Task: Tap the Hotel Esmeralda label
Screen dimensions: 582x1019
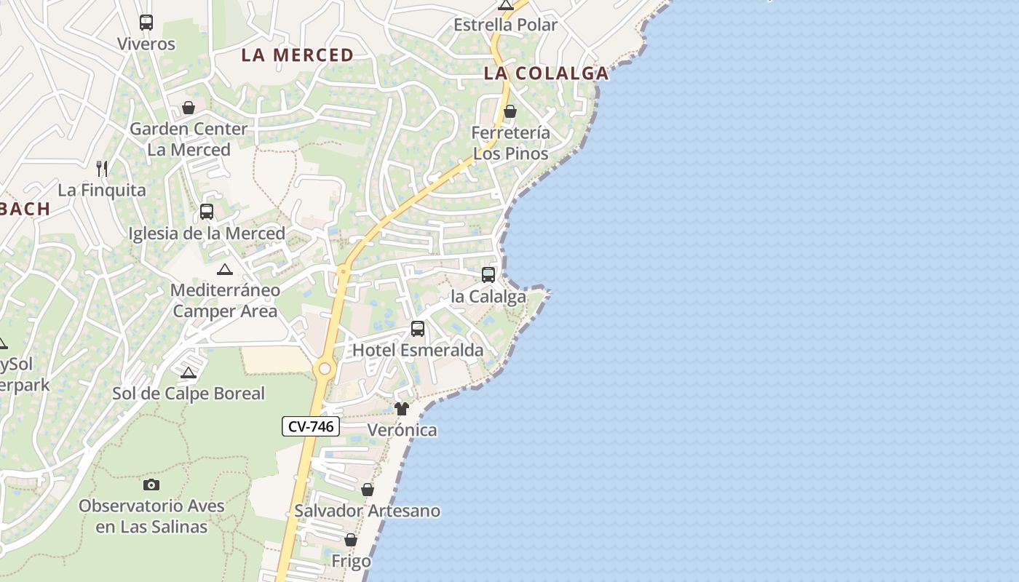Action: (418, 350)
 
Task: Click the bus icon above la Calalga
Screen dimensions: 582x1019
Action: (488, 275)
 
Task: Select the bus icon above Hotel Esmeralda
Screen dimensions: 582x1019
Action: (418, 328)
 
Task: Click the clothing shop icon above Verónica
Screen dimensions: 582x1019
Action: (402, 408)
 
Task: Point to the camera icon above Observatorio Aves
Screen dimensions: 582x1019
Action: (151, 485)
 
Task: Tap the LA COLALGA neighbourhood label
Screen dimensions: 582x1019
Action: (546, 73)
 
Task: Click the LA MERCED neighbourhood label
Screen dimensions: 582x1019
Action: (297, 55)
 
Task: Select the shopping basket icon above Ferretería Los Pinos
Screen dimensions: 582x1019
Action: (510, 111)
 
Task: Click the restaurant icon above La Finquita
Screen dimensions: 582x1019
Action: (102, 169)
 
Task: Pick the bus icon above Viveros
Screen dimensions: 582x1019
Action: (146, 22)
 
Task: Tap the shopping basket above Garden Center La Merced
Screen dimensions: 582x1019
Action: (189, 108)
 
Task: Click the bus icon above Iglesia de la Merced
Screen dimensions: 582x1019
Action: (207, 212)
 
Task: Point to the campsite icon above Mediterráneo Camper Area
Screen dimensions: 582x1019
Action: (225, 269)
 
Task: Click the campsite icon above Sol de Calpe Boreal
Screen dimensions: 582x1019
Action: (189, 372)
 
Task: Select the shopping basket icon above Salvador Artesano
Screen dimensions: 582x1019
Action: (368, 490)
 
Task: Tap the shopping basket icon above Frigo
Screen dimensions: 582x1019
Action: (351, 540)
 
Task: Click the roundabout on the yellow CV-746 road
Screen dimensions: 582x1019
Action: (325, 370)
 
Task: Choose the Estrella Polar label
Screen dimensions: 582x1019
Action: (505, 25)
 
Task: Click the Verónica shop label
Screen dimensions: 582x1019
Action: (403, 430)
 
